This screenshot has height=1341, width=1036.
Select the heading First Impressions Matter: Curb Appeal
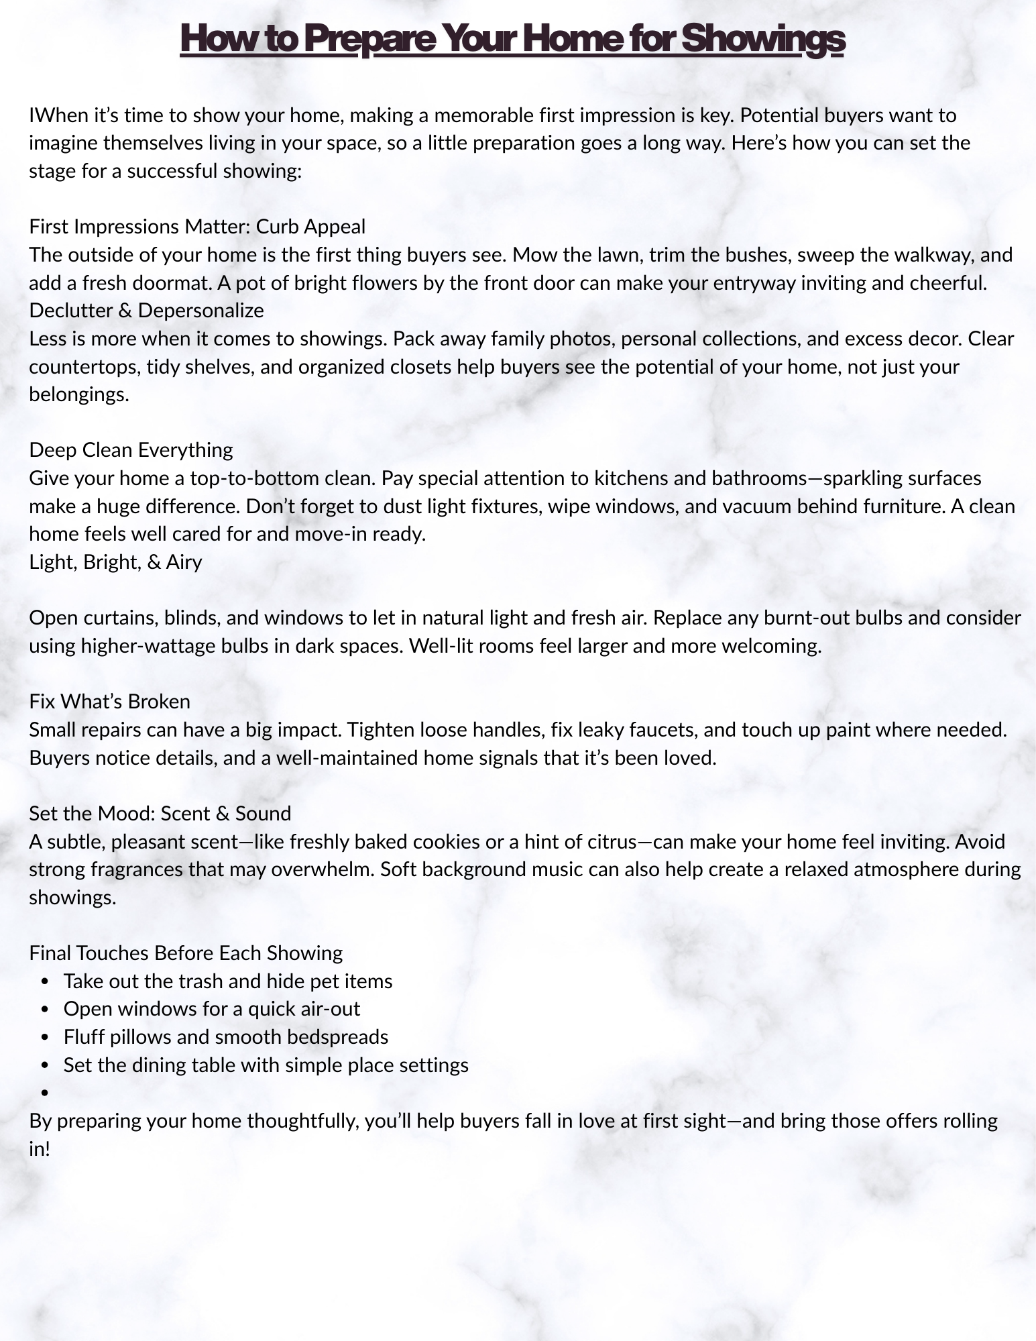click(x=197, y=227)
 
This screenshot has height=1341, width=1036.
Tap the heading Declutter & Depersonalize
click(x=146, y=311)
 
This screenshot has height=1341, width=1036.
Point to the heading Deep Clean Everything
click(x=131, y=450)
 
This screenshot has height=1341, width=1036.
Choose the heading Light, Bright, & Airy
click(x=115, y=562)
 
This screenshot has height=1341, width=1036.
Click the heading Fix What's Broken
click(x=110, y=702)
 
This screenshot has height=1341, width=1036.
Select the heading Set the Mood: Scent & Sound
click(x=160, y=814)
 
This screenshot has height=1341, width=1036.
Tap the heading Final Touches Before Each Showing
click(x=186, y=953)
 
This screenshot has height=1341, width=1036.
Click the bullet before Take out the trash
click(x=46, y=982)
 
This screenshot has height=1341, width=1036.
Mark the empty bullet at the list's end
click(x=46, y=1093)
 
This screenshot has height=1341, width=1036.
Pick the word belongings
click(x=78, y=394)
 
